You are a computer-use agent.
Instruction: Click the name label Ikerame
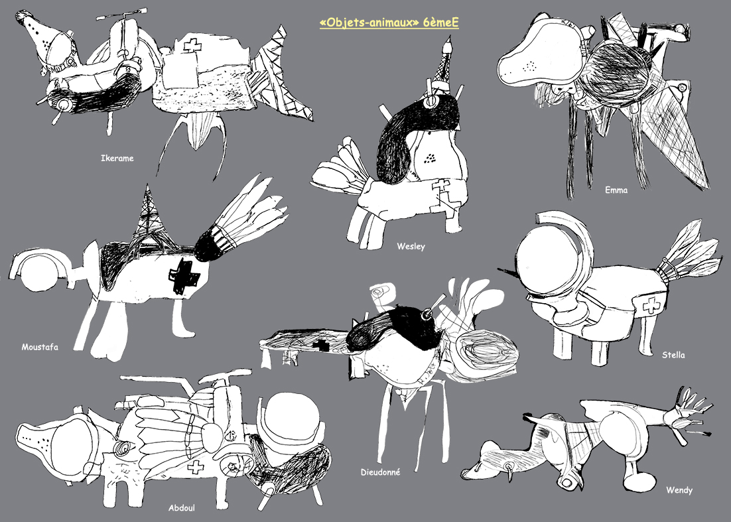tap(117, 158)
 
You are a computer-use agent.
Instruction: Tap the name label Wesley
tap(411, 246)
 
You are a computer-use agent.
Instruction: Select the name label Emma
tap(616, 190)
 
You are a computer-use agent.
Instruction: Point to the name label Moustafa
tap(40, 347)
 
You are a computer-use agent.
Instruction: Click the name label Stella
tap(673, 355)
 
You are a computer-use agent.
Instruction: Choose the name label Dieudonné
tap(380, 472)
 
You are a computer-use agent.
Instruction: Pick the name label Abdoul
tap(181, 507)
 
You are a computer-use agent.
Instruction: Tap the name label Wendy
tap(679, 490)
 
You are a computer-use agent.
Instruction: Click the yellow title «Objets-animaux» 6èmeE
tap(389, 23)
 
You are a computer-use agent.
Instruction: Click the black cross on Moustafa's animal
tap(184, 277)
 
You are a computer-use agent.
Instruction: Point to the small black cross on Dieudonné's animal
tap(320, 346)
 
